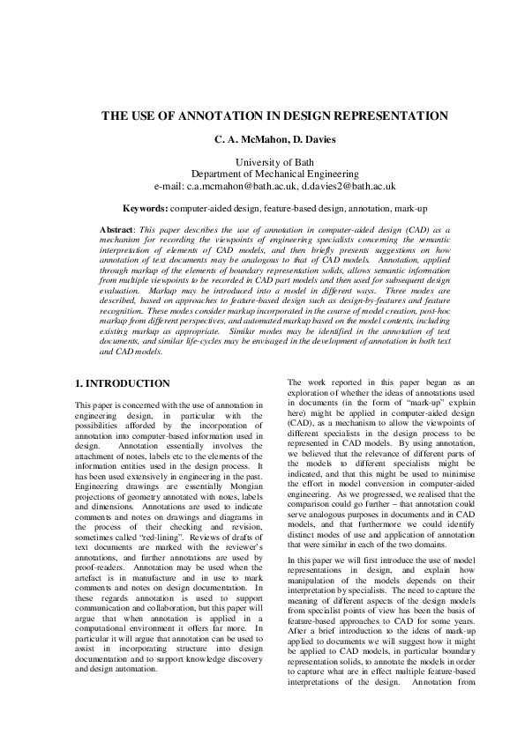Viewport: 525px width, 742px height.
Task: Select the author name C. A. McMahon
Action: [249, 139]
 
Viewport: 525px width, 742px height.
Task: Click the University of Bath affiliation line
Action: [262, 162]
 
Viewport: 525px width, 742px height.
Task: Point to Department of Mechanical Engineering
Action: [262, 174]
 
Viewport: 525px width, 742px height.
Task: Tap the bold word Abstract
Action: [117, 229]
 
